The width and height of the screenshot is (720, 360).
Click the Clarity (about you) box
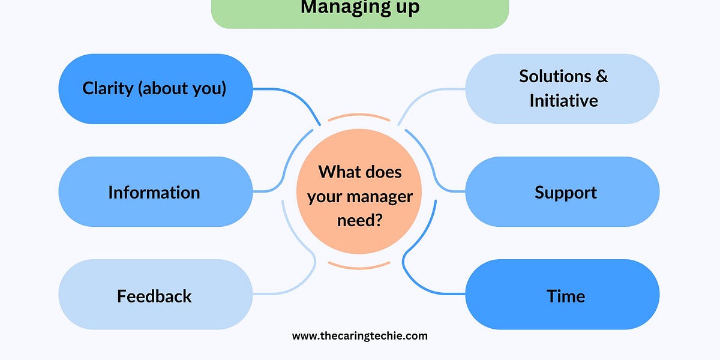[155, 89]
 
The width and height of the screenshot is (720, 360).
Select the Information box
[155, 192]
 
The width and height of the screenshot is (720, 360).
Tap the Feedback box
[155, 295]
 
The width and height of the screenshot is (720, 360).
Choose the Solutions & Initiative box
[563, 89]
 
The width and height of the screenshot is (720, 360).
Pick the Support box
[563, 192]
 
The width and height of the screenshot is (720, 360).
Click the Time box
[563, 295]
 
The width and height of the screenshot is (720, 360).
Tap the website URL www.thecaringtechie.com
[359, 336]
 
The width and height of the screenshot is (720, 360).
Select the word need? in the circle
[359, 220]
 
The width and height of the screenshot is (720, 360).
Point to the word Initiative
[563, 100]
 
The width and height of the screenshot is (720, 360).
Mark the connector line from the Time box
[420, 282]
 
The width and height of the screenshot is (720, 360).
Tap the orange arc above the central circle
[359, 116]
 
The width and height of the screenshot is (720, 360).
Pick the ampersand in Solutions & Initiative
[601, 77]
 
